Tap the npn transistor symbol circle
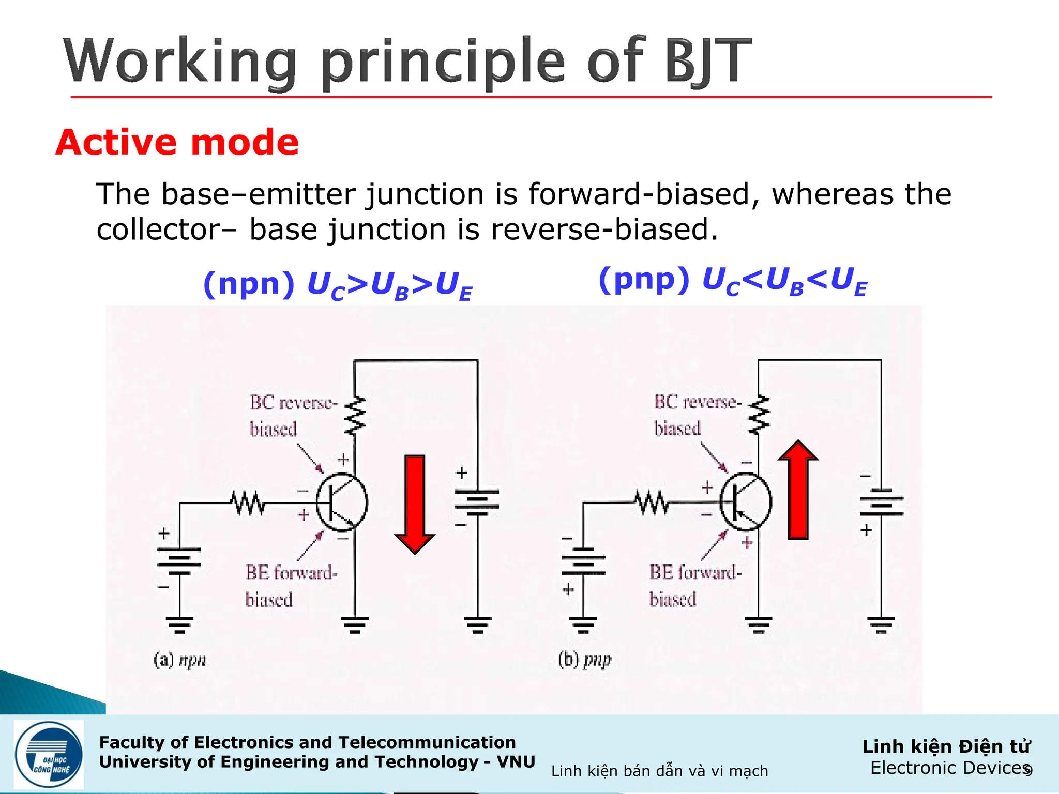tap(342, 502)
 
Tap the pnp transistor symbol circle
tap(746, 502)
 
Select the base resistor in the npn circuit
tap(248, 502)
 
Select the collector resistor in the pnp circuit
tap(759, 415)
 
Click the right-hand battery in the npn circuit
tap(477, 502)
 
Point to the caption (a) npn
tap(179, 660)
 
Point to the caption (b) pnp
tap(584, 660)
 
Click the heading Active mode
tap(177, 142)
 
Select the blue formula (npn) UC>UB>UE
tap(338, 285)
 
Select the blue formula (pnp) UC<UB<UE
tap(732, 281)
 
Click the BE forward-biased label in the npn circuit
tap(291, 586)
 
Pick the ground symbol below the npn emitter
tap(355, 624)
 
